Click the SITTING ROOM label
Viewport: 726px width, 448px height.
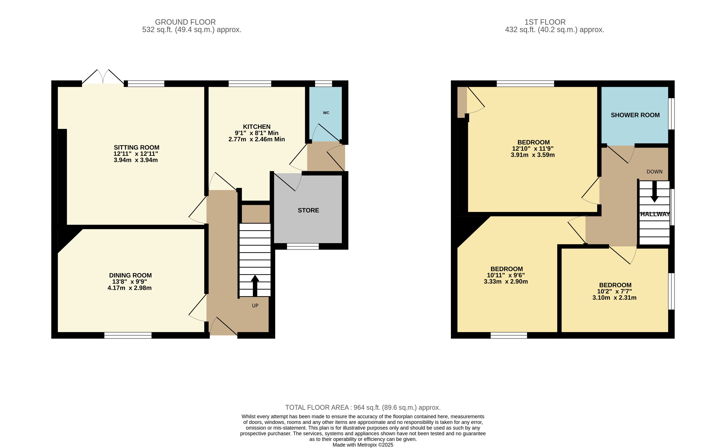(x=136, y=147)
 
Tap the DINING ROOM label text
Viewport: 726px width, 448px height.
(x=130, y=275)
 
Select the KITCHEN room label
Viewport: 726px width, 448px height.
(x=257, y=127)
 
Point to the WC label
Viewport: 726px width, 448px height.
(x=326, y=113)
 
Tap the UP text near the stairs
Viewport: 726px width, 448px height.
(x=255, y=306)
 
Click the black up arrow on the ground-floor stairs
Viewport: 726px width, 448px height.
(x=255, y=286)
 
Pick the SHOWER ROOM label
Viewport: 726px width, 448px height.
(x=635, y=115)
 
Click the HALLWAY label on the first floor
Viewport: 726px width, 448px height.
(x=655, y=214)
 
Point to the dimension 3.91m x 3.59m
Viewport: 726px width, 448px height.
(x=533, y=155)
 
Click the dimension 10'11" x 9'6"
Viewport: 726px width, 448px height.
(x=506, y=275)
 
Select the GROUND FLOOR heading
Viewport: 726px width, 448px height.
(x=185, y=22)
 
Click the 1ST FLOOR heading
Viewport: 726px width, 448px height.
(x=545, y=22)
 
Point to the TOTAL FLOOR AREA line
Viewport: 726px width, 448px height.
(x=363, y=408)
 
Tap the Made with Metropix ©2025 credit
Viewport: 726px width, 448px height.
(x=363, y=445)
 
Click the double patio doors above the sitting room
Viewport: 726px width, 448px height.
(x=103, y=77)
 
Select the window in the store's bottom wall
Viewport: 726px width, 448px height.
(x=303, y=246)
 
